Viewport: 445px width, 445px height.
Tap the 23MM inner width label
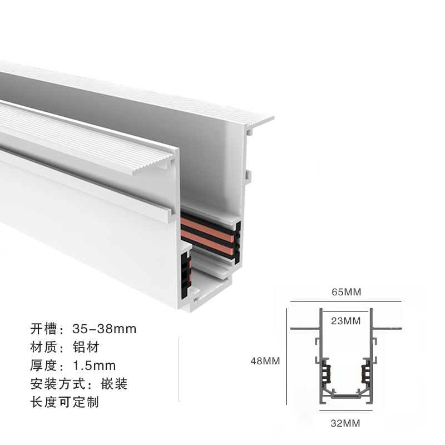pyautogui.click(x=345, y=321)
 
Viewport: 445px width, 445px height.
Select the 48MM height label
pyautogui.click(x=265, y=361)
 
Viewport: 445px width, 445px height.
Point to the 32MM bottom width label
pyautogui.click(x=345, y=423)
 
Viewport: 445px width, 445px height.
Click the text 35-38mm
pyautogui.click(x=105, y=329)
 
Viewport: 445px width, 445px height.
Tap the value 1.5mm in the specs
pyautogui.click(x=95, y=365)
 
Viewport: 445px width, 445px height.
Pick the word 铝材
pyautogui.click(x=86, y=347)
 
